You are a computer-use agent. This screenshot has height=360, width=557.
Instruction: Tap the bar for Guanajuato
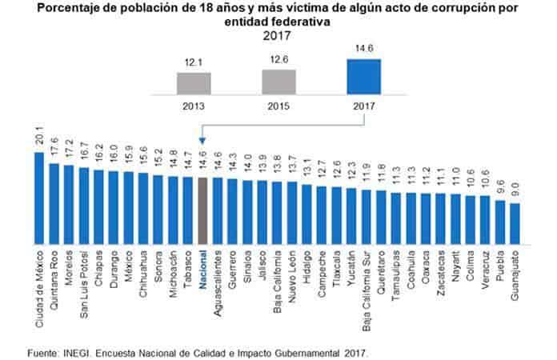(515, 223)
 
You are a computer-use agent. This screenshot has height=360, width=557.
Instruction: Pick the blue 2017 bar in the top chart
(364, 77)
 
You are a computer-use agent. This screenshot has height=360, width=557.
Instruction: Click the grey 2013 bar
(193, 84)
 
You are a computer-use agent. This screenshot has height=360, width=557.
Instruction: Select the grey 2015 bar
(279, 82)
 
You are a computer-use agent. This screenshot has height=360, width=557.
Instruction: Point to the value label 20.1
(39, 141)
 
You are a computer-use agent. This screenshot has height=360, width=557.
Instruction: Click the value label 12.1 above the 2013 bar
(193, 62)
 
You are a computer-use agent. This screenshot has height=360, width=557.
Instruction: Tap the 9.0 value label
(515, 192)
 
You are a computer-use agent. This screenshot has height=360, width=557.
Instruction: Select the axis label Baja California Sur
(366, 285)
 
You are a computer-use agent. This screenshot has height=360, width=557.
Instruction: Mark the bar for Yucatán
(351, 216)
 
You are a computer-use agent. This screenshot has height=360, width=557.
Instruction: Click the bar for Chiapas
(98, 206)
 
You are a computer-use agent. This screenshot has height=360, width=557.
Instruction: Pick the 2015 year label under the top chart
(279, 105)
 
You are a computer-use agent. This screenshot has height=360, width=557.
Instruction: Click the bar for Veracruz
(485, 219)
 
